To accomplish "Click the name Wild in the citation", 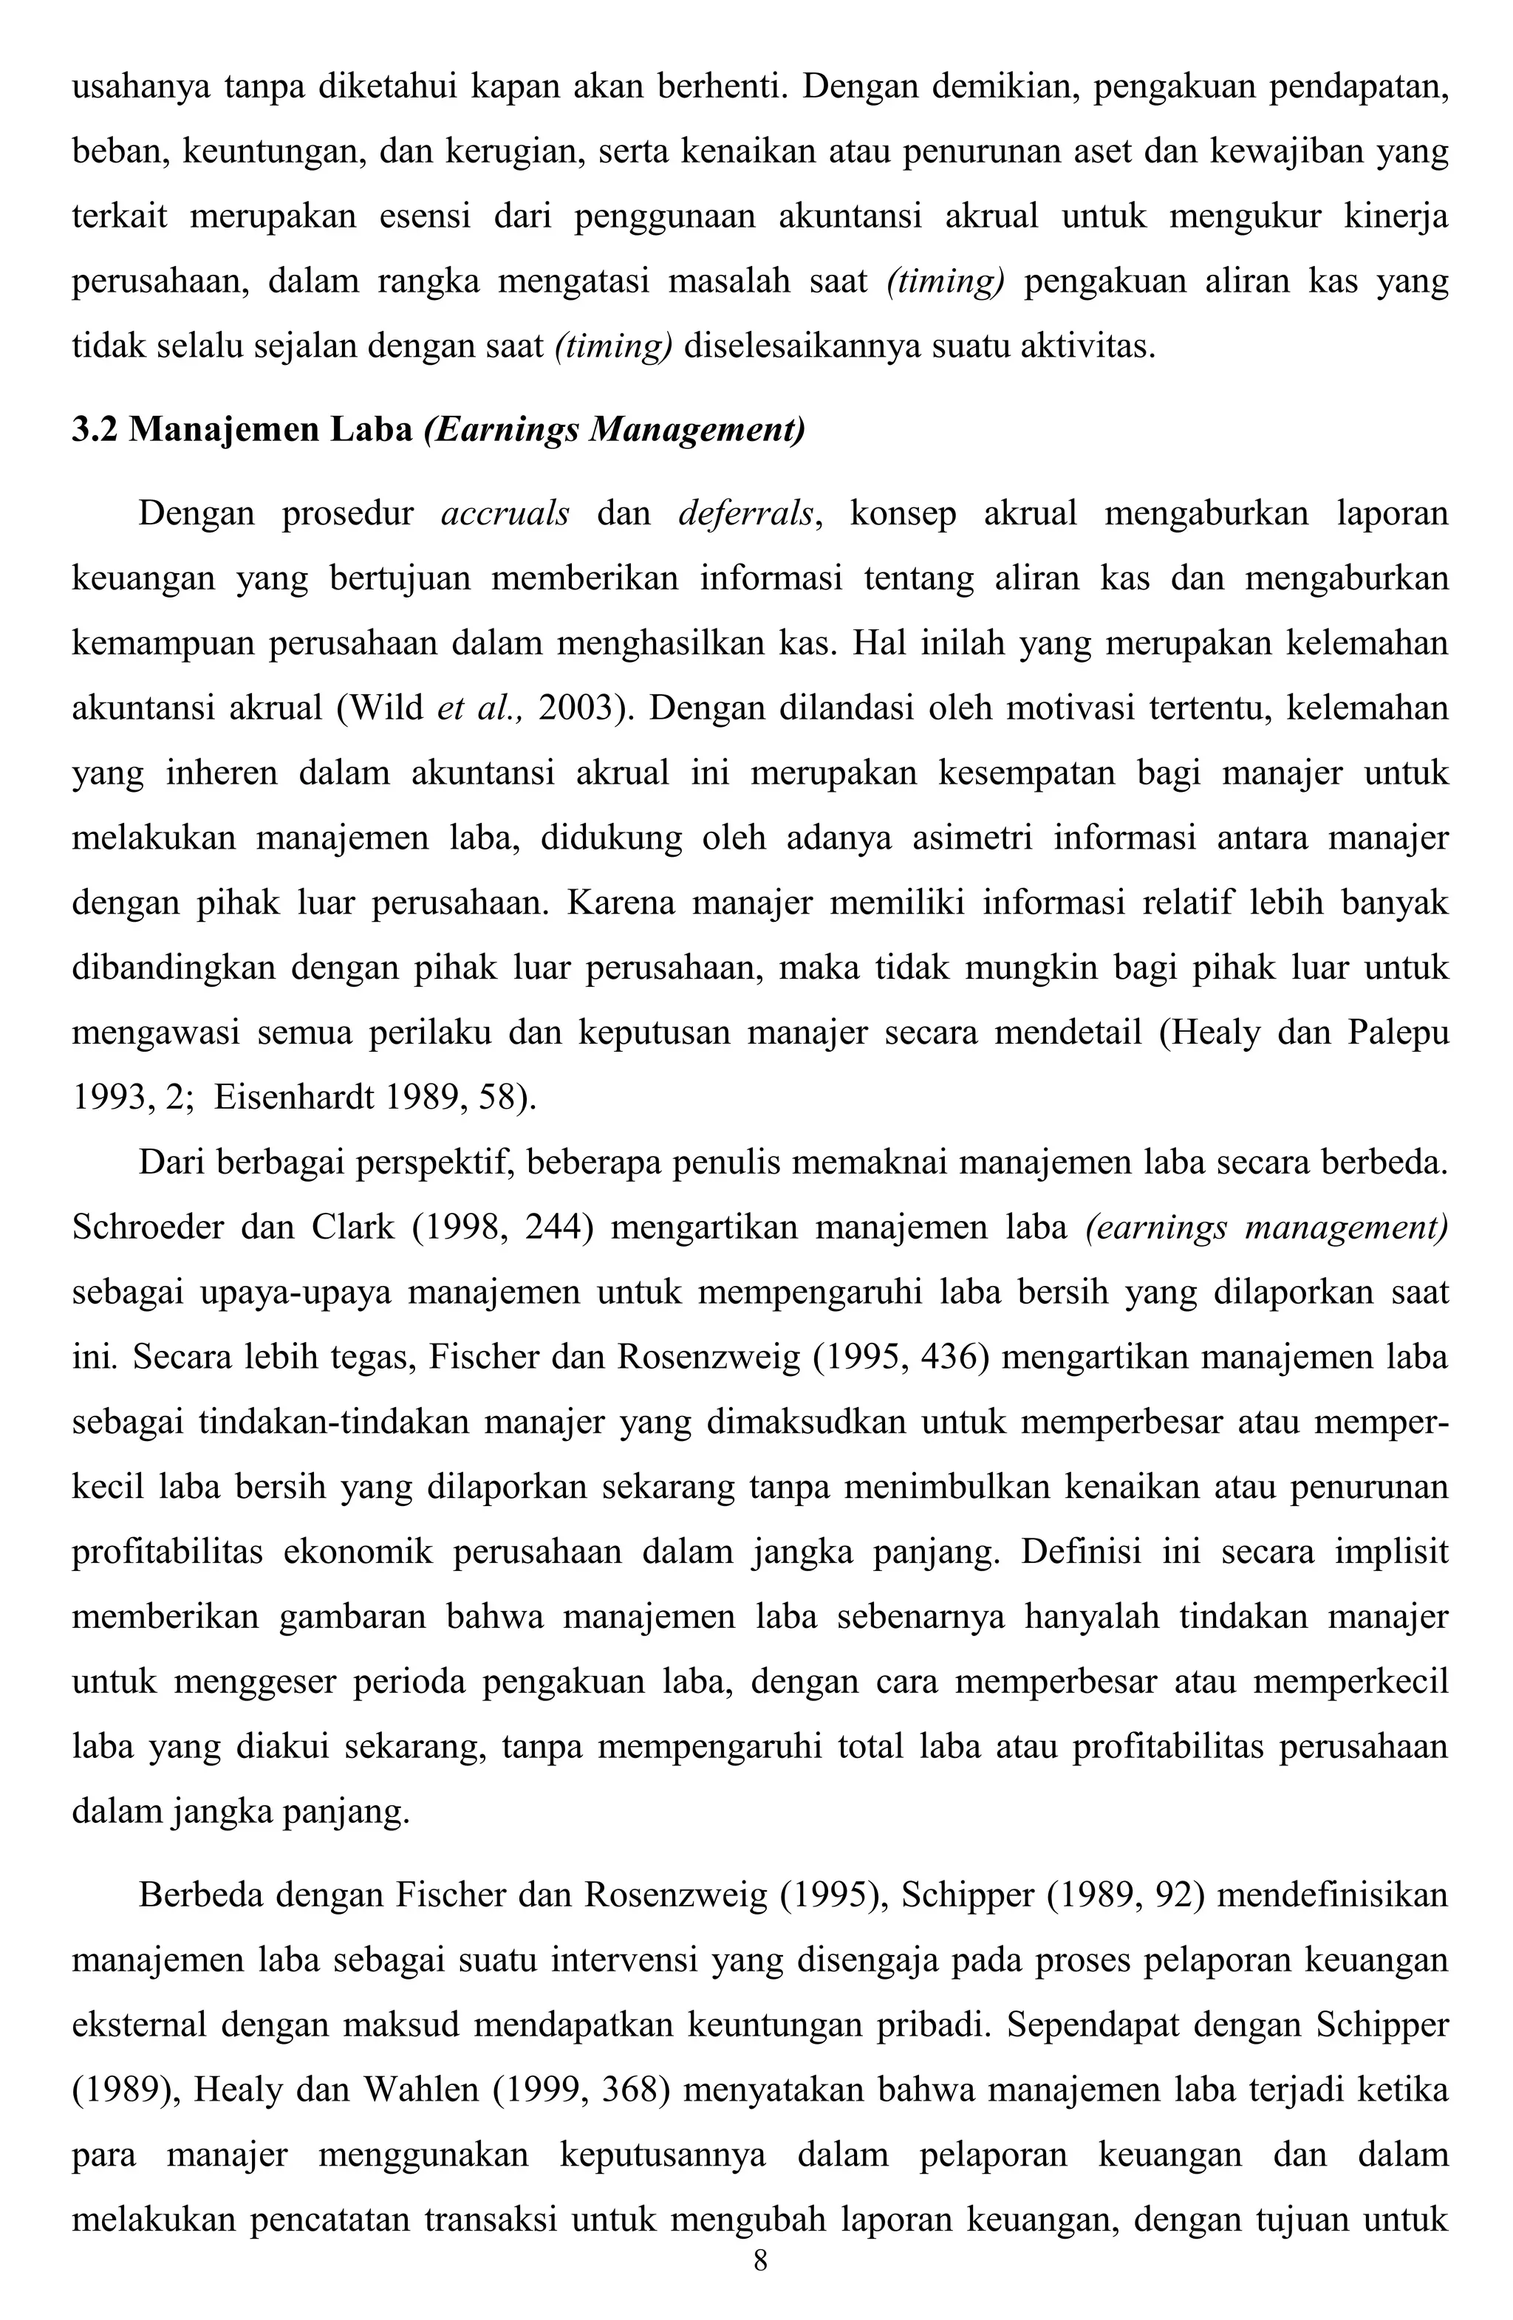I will (x=393, y=708).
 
